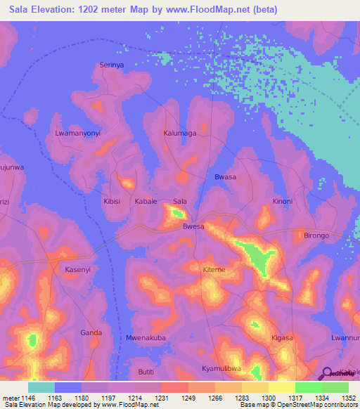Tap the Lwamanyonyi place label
78,133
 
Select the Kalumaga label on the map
179,132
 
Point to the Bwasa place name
225,177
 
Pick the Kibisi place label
112,201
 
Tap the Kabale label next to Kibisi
146,201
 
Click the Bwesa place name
193,226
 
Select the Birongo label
316,235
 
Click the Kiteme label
214,270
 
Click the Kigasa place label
282,338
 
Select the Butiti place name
146,371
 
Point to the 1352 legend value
347,398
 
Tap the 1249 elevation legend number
188,398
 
